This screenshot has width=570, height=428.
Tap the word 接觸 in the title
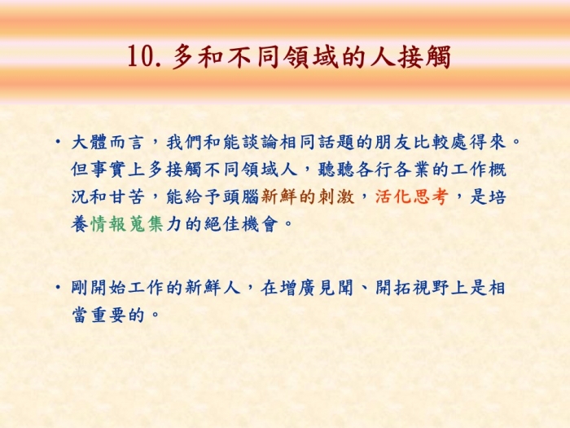pos(424,56)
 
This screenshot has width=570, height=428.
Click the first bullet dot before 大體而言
pos(58,141)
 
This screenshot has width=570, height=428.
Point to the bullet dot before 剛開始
pos(58,287)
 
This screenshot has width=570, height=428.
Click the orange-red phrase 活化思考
pos(411,197)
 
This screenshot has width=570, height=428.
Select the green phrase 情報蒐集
pos(127,224)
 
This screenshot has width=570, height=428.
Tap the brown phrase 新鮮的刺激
pos(308,197)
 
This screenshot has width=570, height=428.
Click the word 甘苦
pos(127,197)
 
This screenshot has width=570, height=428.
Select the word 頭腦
pos(241,197)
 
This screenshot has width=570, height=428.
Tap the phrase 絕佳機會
pos(241,224)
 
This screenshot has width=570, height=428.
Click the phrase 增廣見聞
pos(317,288)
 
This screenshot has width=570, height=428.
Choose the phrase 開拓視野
pos(412,288)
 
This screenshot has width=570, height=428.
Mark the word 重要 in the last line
pos(108,315)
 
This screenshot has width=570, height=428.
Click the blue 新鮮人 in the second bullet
pos(213,288)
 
